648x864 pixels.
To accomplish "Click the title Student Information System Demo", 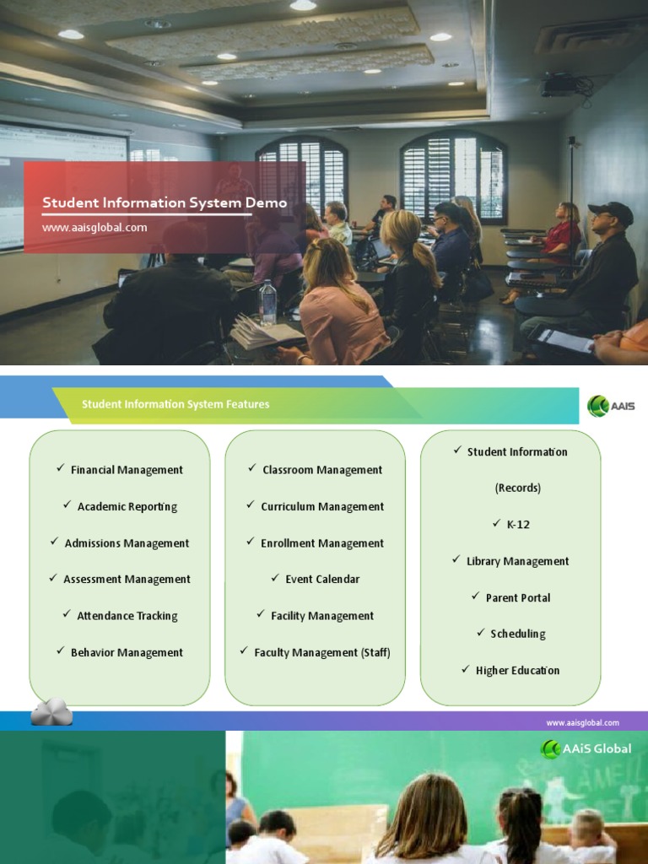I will [165, 202].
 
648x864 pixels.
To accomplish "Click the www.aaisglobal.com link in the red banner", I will [94, 227].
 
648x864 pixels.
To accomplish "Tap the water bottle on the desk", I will [267, 303].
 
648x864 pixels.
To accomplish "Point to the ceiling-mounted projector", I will [558, 85].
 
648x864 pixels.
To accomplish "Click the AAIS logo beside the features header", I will [610, 406].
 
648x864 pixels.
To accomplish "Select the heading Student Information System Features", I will [175, 404].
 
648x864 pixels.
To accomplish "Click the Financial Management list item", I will [127, 470].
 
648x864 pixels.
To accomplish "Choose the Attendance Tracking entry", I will [127, 616].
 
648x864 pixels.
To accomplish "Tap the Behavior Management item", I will [127, 652].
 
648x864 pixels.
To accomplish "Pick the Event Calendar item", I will [322, 579].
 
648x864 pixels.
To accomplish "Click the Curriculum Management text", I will [322, 506].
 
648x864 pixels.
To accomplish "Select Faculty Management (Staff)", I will [322, 652].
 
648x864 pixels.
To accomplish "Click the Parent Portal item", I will [518, 597].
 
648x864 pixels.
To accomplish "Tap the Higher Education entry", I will [517, 671].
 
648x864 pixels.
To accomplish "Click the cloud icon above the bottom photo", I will [51, 713].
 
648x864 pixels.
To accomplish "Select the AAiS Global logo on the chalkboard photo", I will [586, 748].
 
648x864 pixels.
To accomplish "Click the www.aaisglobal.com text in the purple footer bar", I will [582, 722].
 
